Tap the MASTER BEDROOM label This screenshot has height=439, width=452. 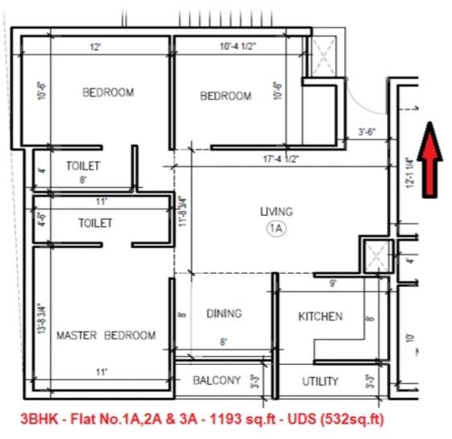106,335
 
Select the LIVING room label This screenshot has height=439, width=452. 276,212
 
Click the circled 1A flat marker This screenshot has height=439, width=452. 276,229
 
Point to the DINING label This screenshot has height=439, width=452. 223,313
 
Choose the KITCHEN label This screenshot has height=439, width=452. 320,317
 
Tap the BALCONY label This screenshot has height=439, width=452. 216,380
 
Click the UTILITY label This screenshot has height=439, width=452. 320,381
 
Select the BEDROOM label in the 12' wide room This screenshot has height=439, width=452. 108,93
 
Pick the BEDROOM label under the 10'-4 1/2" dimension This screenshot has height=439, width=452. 226,97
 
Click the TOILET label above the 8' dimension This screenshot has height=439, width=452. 83,166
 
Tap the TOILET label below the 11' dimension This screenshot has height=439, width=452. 95,222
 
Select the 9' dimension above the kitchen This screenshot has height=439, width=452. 333,283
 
